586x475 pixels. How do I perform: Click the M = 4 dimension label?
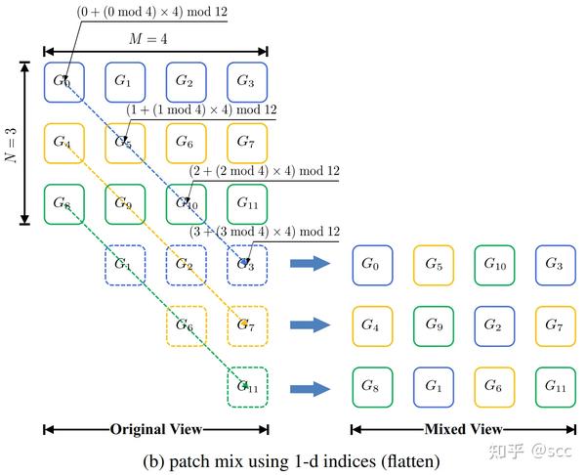pyautogui.click(x=155, y=39)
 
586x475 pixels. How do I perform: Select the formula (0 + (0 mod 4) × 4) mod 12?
pyautogui.click(x=151, y=12)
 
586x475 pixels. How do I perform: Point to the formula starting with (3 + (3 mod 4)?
pyautogui.click(x=264, y=232)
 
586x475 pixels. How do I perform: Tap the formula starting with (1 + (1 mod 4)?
pyautogui.click(x=201, y=110)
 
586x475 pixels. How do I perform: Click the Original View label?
pyautogui.click(x=155, y=428)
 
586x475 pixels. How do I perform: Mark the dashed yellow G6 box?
pyautogui.click(x=186, y=325)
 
